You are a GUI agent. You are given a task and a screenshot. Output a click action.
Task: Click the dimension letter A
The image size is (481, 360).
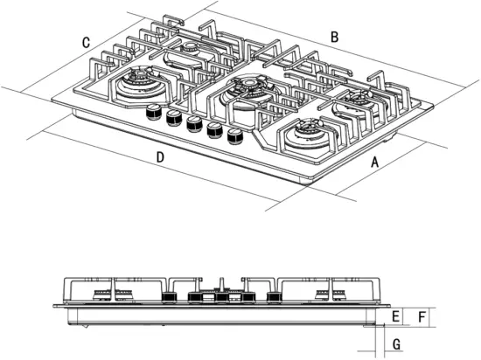click(375, 162)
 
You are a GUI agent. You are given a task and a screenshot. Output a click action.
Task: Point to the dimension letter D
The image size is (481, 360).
click(160, 157)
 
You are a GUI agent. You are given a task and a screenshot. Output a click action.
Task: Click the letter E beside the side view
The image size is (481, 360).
click(396, 315)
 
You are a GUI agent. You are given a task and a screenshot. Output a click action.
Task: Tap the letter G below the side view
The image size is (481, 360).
click(396, 344)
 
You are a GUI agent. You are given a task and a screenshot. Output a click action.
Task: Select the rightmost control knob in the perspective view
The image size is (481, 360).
click(234, 135)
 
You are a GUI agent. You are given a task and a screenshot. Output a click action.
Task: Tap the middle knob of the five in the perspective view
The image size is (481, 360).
click(193, 123)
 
